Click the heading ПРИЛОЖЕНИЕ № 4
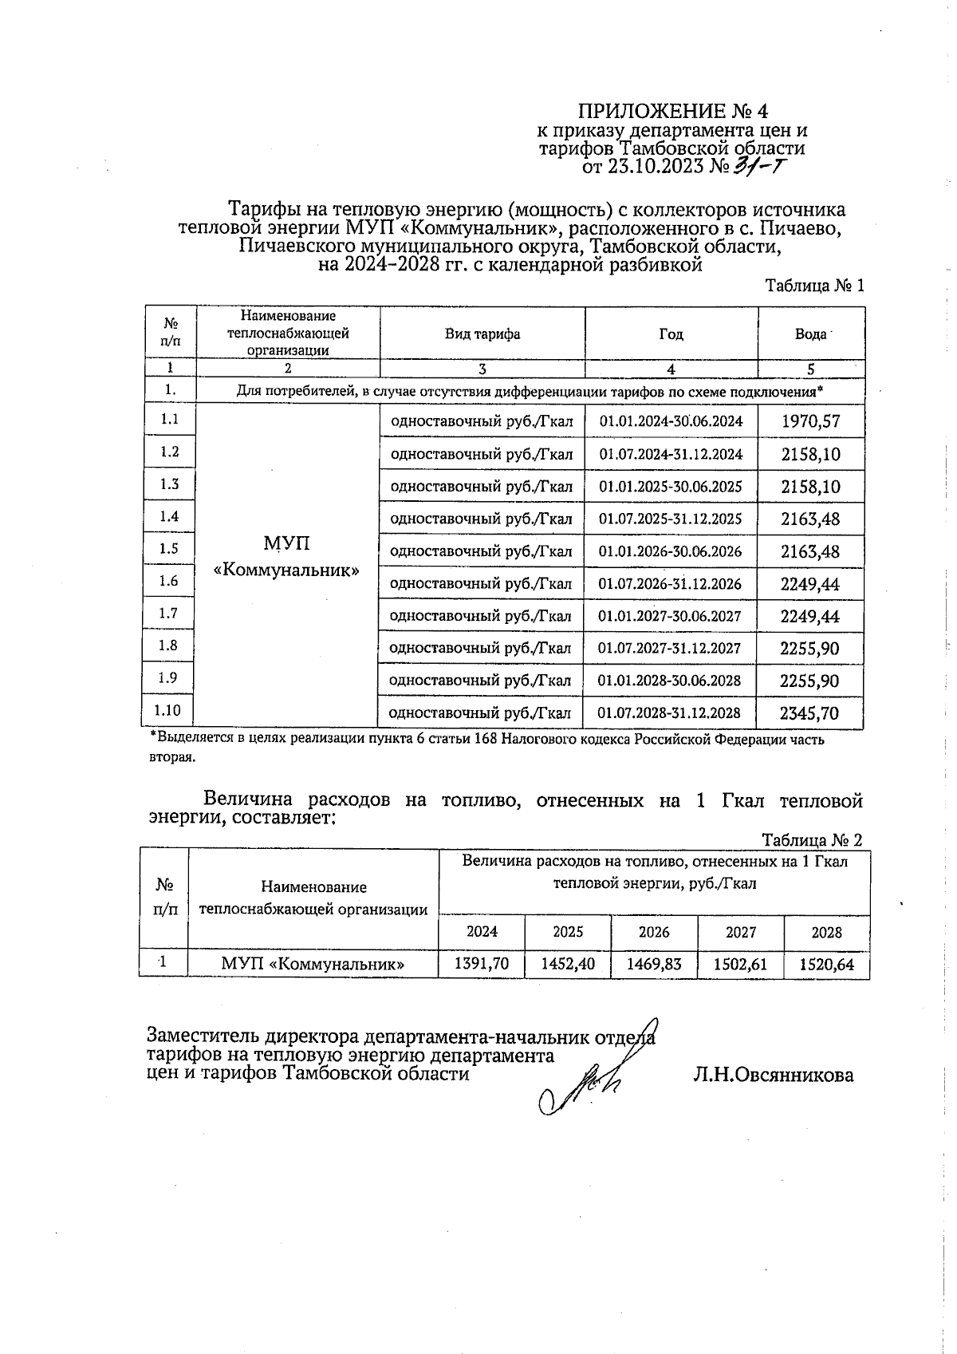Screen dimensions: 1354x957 coord(672,110)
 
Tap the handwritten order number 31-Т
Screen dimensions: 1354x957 coord(762,166)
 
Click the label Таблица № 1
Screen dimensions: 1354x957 coord(814,286)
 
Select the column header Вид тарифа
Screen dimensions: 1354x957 coord(482,334)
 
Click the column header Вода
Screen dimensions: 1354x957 coord(810,334)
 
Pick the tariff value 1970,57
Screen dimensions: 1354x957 coord(810,421)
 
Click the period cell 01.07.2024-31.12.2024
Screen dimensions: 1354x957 coord(671,454)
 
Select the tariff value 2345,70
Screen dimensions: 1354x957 coord(809,713)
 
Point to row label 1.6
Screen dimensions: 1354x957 coord(169,581)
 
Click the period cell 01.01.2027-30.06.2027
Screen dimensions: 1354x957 coord(670,616)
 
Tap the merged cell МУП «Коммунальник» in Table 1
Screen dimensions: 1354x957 coord(287,558)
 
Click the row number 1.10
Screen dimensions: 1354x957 coord(168,710)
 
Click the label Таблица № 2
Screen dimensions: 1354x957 coord(812,840)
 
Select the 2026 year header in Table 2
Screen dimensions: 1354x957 coord(654,932)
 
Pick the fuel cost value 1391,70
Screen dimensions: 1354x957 coord(482,964)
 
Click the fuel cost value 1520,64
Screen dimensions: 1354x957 coord(827,965)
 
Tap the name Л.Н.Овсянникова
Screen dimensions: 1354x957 coord(773,1075)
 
